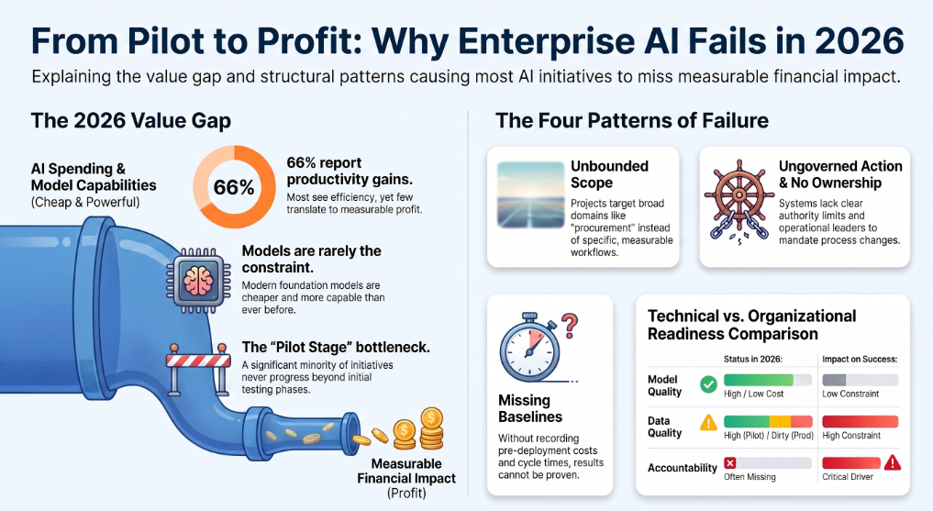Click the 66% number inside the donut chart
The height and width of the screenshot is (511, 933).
(x=234, y=187)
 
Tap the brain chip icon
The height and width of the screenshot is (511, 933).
(x=198, y=280)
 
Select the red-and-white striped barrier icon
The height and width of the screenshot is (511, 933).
(x=197, y=368)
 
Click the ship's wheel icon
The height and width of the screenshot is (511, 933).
(x=739, y=199)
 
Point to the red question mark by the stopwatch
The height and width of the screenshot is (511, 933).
(x=570, y=326)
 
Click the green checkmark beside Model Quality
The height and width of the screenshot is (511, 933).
(x=708, y=385)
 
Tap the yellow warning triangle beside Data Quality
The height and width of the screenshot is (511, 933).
(x=708, y=422)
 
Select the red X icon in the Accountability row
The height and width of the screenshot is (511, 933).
(x=730, y=462)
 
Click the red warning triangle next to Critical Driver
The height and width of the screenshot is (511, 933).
(x=893, y=462)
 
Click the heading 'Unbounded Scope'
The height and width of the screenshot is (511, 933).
(x=609, y=174)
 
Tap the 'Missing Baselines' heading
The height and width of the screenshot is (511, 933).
(x=530, y=408)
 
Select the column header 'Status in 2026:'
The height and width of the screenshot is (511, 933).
(x=752, y=360)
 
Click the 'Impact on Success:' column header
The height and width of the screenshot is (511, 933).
(x=860, y=360)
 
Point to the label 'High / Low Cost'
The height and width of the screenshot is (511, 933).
(x=753, y=394)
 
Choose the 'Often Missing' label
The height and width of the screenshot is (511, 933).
(x=750, y=476)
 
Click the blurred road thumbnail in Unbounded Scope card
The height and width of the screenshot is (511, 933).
(x=531, y=195)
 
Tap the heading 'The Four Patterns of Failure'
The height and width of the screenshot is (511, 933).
(x=632, y=121)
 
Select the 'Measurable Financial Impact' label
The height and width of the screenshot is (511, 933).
(x=406, y=472)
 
